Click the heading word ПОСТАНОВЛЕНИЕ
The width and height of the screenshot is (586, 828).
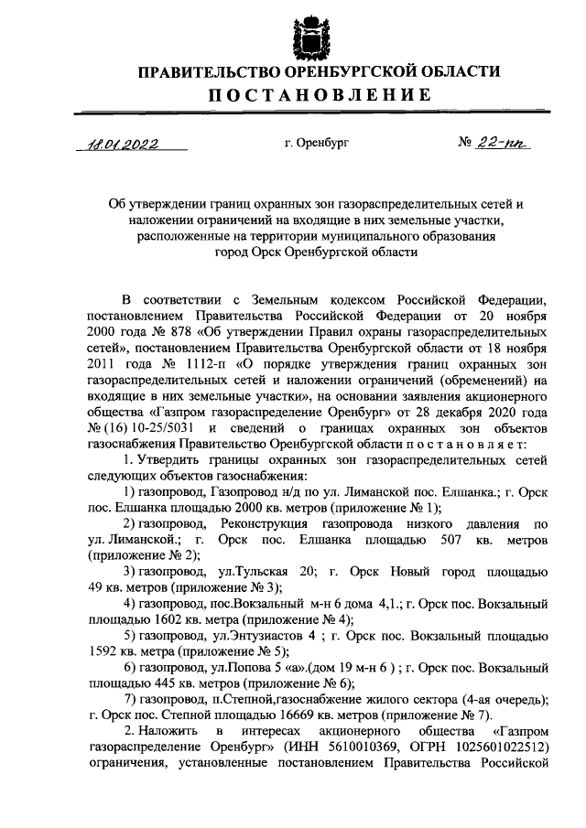click(303, 95)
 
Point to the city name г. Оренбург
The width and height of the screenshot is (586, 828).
click(317, 143)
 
